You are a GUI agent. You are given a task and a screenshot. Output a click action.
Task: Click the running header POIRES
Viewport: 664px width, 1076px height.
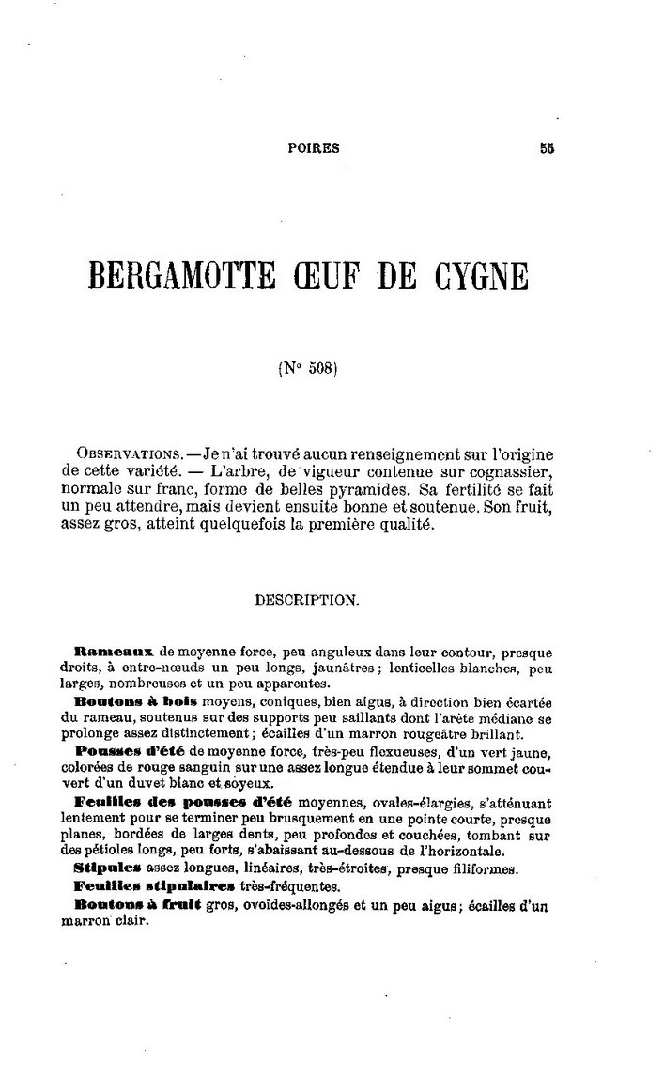click(313, 147)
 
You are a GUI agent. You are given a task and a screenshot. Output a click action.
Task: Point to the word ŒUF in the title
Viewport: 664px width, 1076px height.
click(332, 279)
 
